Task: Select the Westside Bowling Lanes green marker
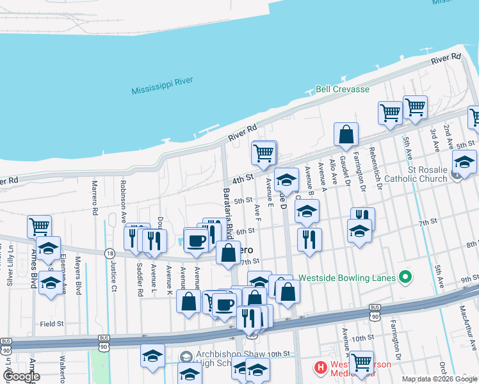pyautogui.click(x=404, y=277)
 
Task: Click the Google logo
pyautogui.click(x=21, y=376)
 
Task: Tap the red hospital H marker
pyautogui.click(x=320, y=368)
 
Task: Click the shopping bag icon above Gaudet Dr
pyautogui.click(x=346, y=135)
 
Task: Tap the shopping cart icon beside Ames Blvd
pyautogui.click(x=40, y=226)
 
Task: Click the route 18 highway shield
pyautogui.click(x=110, y=253)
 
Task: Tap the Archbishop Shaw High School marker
pyautogui.click(x=186, y=356)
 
